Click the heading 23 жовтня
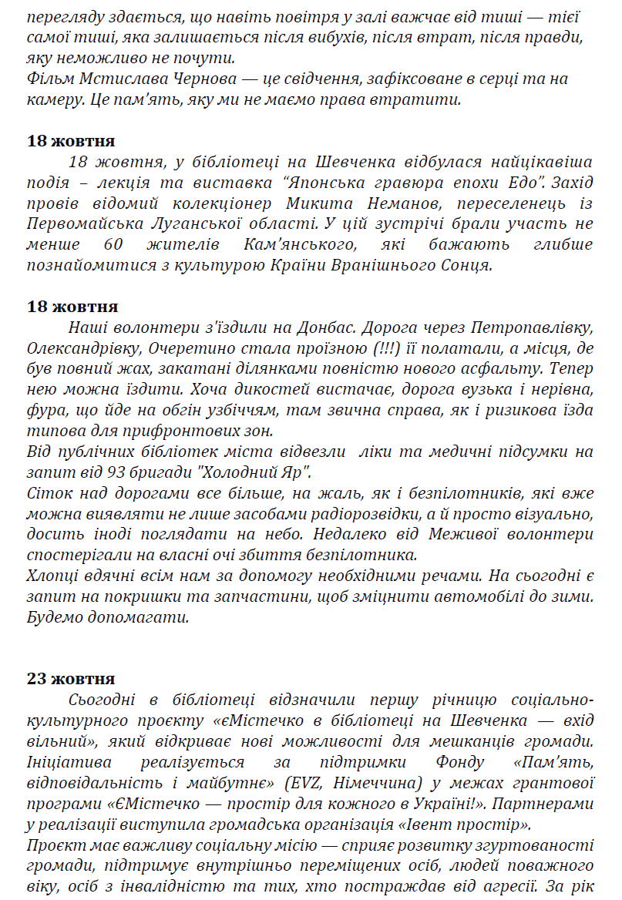click(72, 679)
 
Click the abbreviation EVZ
click(305, 784)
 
